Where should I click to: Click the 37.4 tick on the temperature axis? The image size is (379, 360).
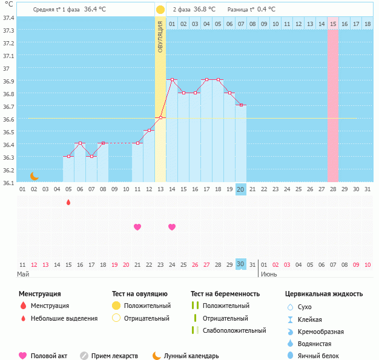point(8,18)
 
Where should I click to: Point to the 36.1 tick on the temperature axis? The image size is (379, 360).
point(8,182)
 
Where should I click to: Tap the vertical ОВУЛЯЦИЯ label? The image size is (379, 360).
point(160,36)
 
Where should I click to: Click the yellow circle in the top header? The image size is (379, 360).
point(160,10)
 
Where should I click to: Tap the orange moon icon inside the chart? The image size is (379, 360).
point(35,175)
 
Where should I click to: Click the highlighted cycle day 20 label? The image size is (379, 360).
point(240,189)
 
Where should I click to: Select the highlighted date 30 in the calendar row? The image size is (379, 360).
point(240,264)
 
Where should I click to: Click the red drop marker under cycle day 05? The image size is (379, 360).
point(68,202)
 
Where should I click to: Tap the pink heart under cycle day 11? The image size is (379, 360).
point(137,227)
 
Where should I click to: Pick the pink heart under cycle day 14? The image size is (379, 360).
point(172,227)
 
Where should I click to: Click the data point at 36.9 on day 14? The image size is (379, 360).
point(172,80)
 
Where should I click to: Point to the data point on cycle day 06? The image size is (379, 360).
point(80,143)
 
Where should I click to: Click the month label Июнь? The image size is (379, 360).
point(269,274)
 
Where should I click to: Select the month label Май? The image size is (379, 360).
point(23,274)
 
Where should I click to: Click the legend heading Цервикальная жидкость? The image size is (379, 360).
point(324,294)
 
